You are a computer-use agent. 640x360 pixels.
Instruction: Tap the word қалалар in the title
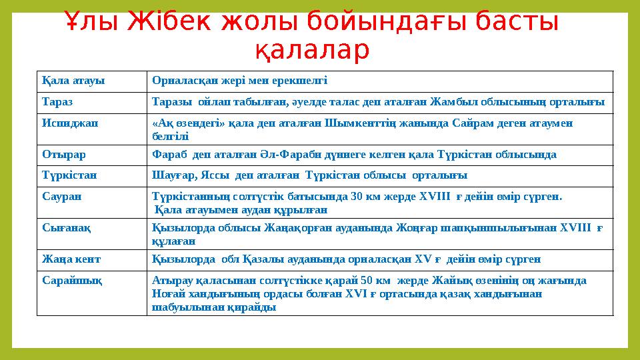coord(312,51)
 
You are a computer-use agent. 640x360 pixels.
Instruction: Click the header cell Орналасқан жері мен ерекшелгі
coord(240,81)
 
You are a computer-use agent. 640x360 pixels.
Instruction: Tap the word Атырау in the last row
coord(172,281)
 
